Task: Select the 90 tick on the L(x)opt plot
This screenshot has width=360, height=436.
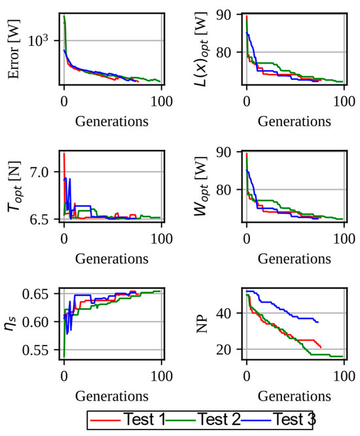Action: coord(230,14)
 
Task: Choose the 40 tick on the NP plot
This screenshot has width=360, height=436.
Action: coord(230,313)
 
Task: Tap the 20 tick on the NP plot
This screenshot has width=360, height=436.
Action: coord(230,349)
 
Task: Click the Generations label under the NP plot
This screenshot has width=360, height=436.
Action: coord(294,396)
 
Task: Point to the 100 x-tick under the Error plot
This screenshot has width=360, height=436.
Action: coord(161,101)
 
